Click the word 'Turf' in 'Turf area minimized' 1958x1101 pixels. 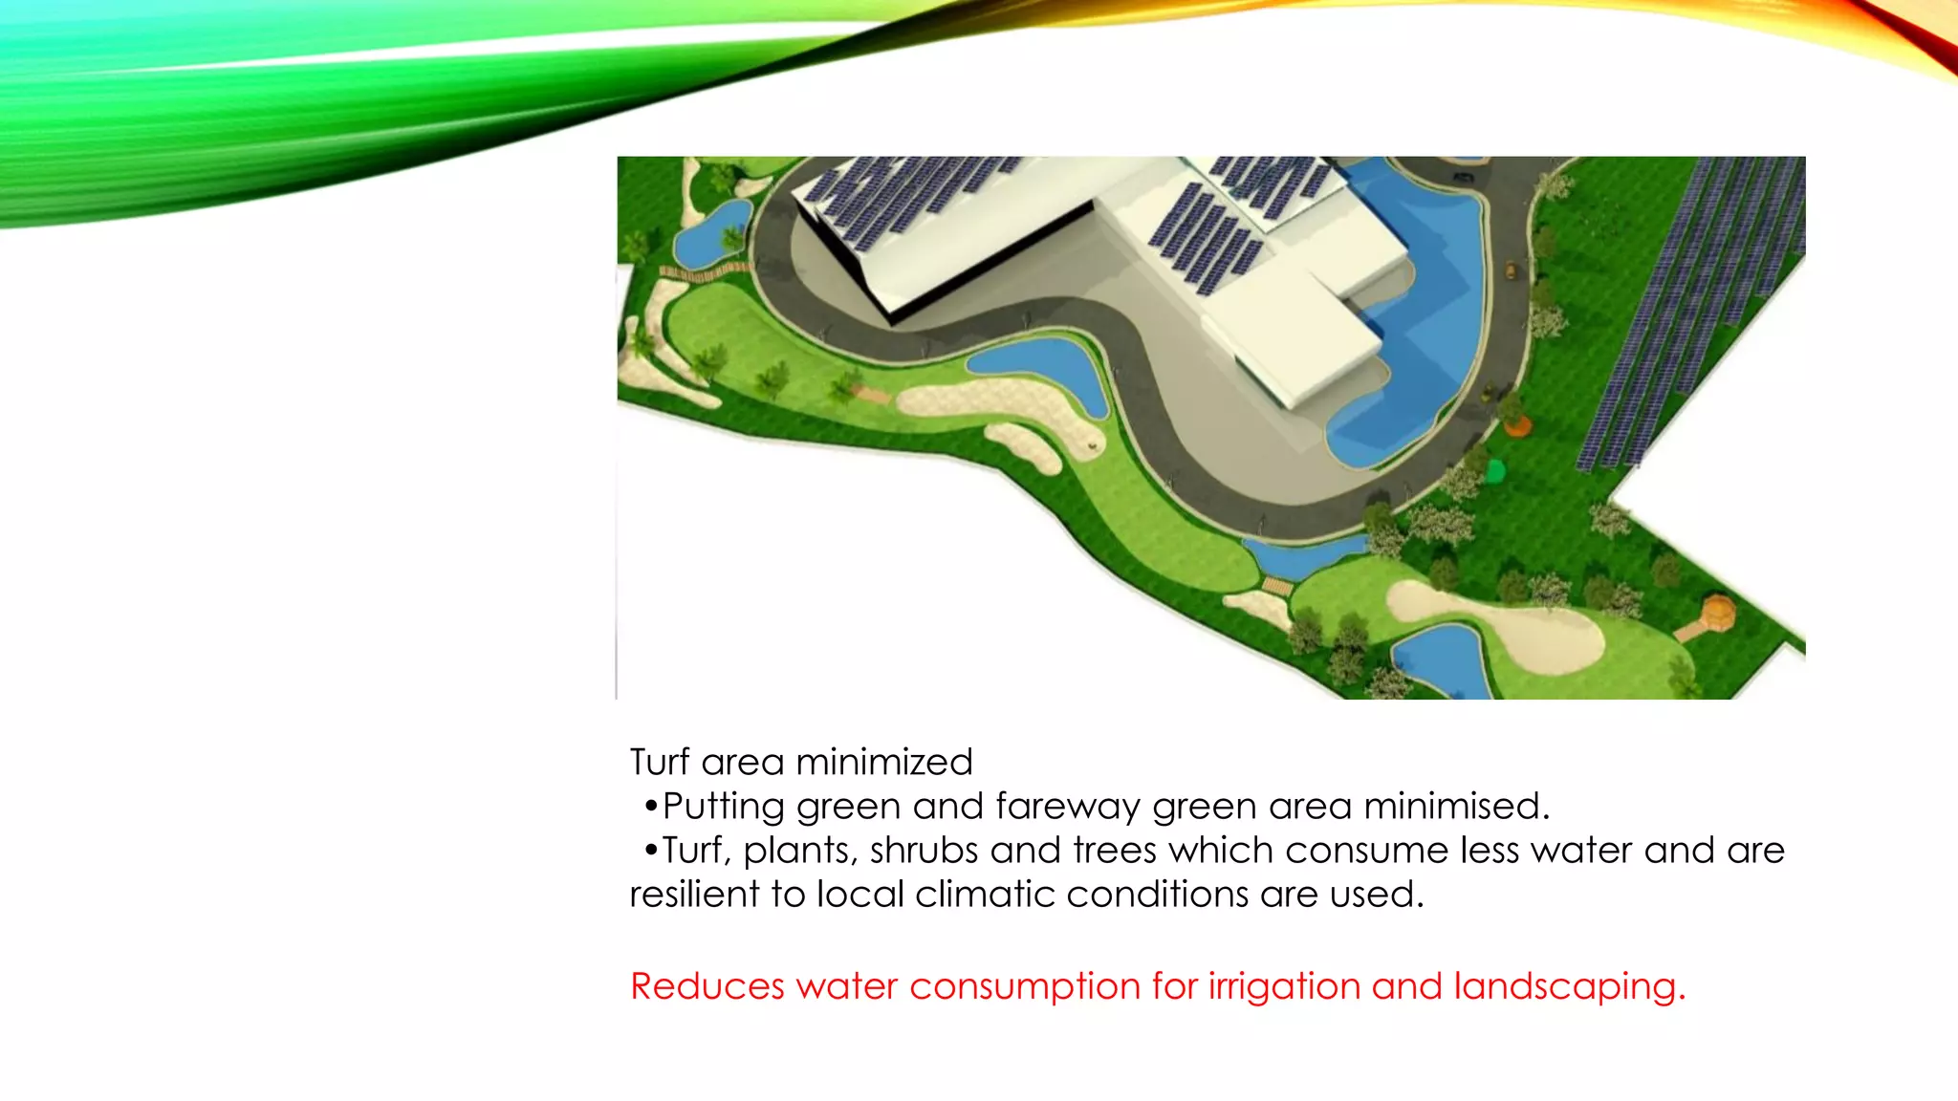point(660,763)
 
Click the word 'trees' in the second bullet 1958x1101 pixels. point(1115,851)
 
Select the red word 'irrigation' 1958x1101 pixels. point(1284,986)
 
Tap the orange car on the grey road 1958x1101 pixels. point(1511,270)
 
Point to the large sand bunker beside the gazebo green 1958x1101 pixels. point(1501,626)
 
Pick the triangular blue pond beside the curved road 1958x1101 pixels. point(1037,367)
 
